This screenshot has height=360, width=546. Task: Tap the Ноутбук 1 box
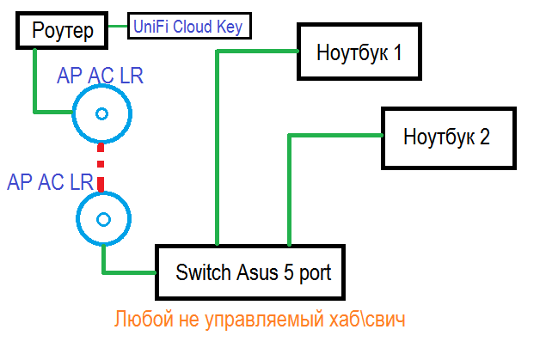359,53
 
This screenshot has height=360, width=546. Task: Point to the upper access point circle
101,114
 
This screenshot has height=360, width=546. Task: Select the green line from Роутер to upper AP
35,86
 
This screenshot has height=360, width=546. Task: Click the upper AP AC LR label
100,76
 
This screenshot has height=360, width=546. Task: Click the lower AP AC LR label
50,181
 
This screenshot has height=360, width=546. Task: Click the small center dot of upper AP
101,114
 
